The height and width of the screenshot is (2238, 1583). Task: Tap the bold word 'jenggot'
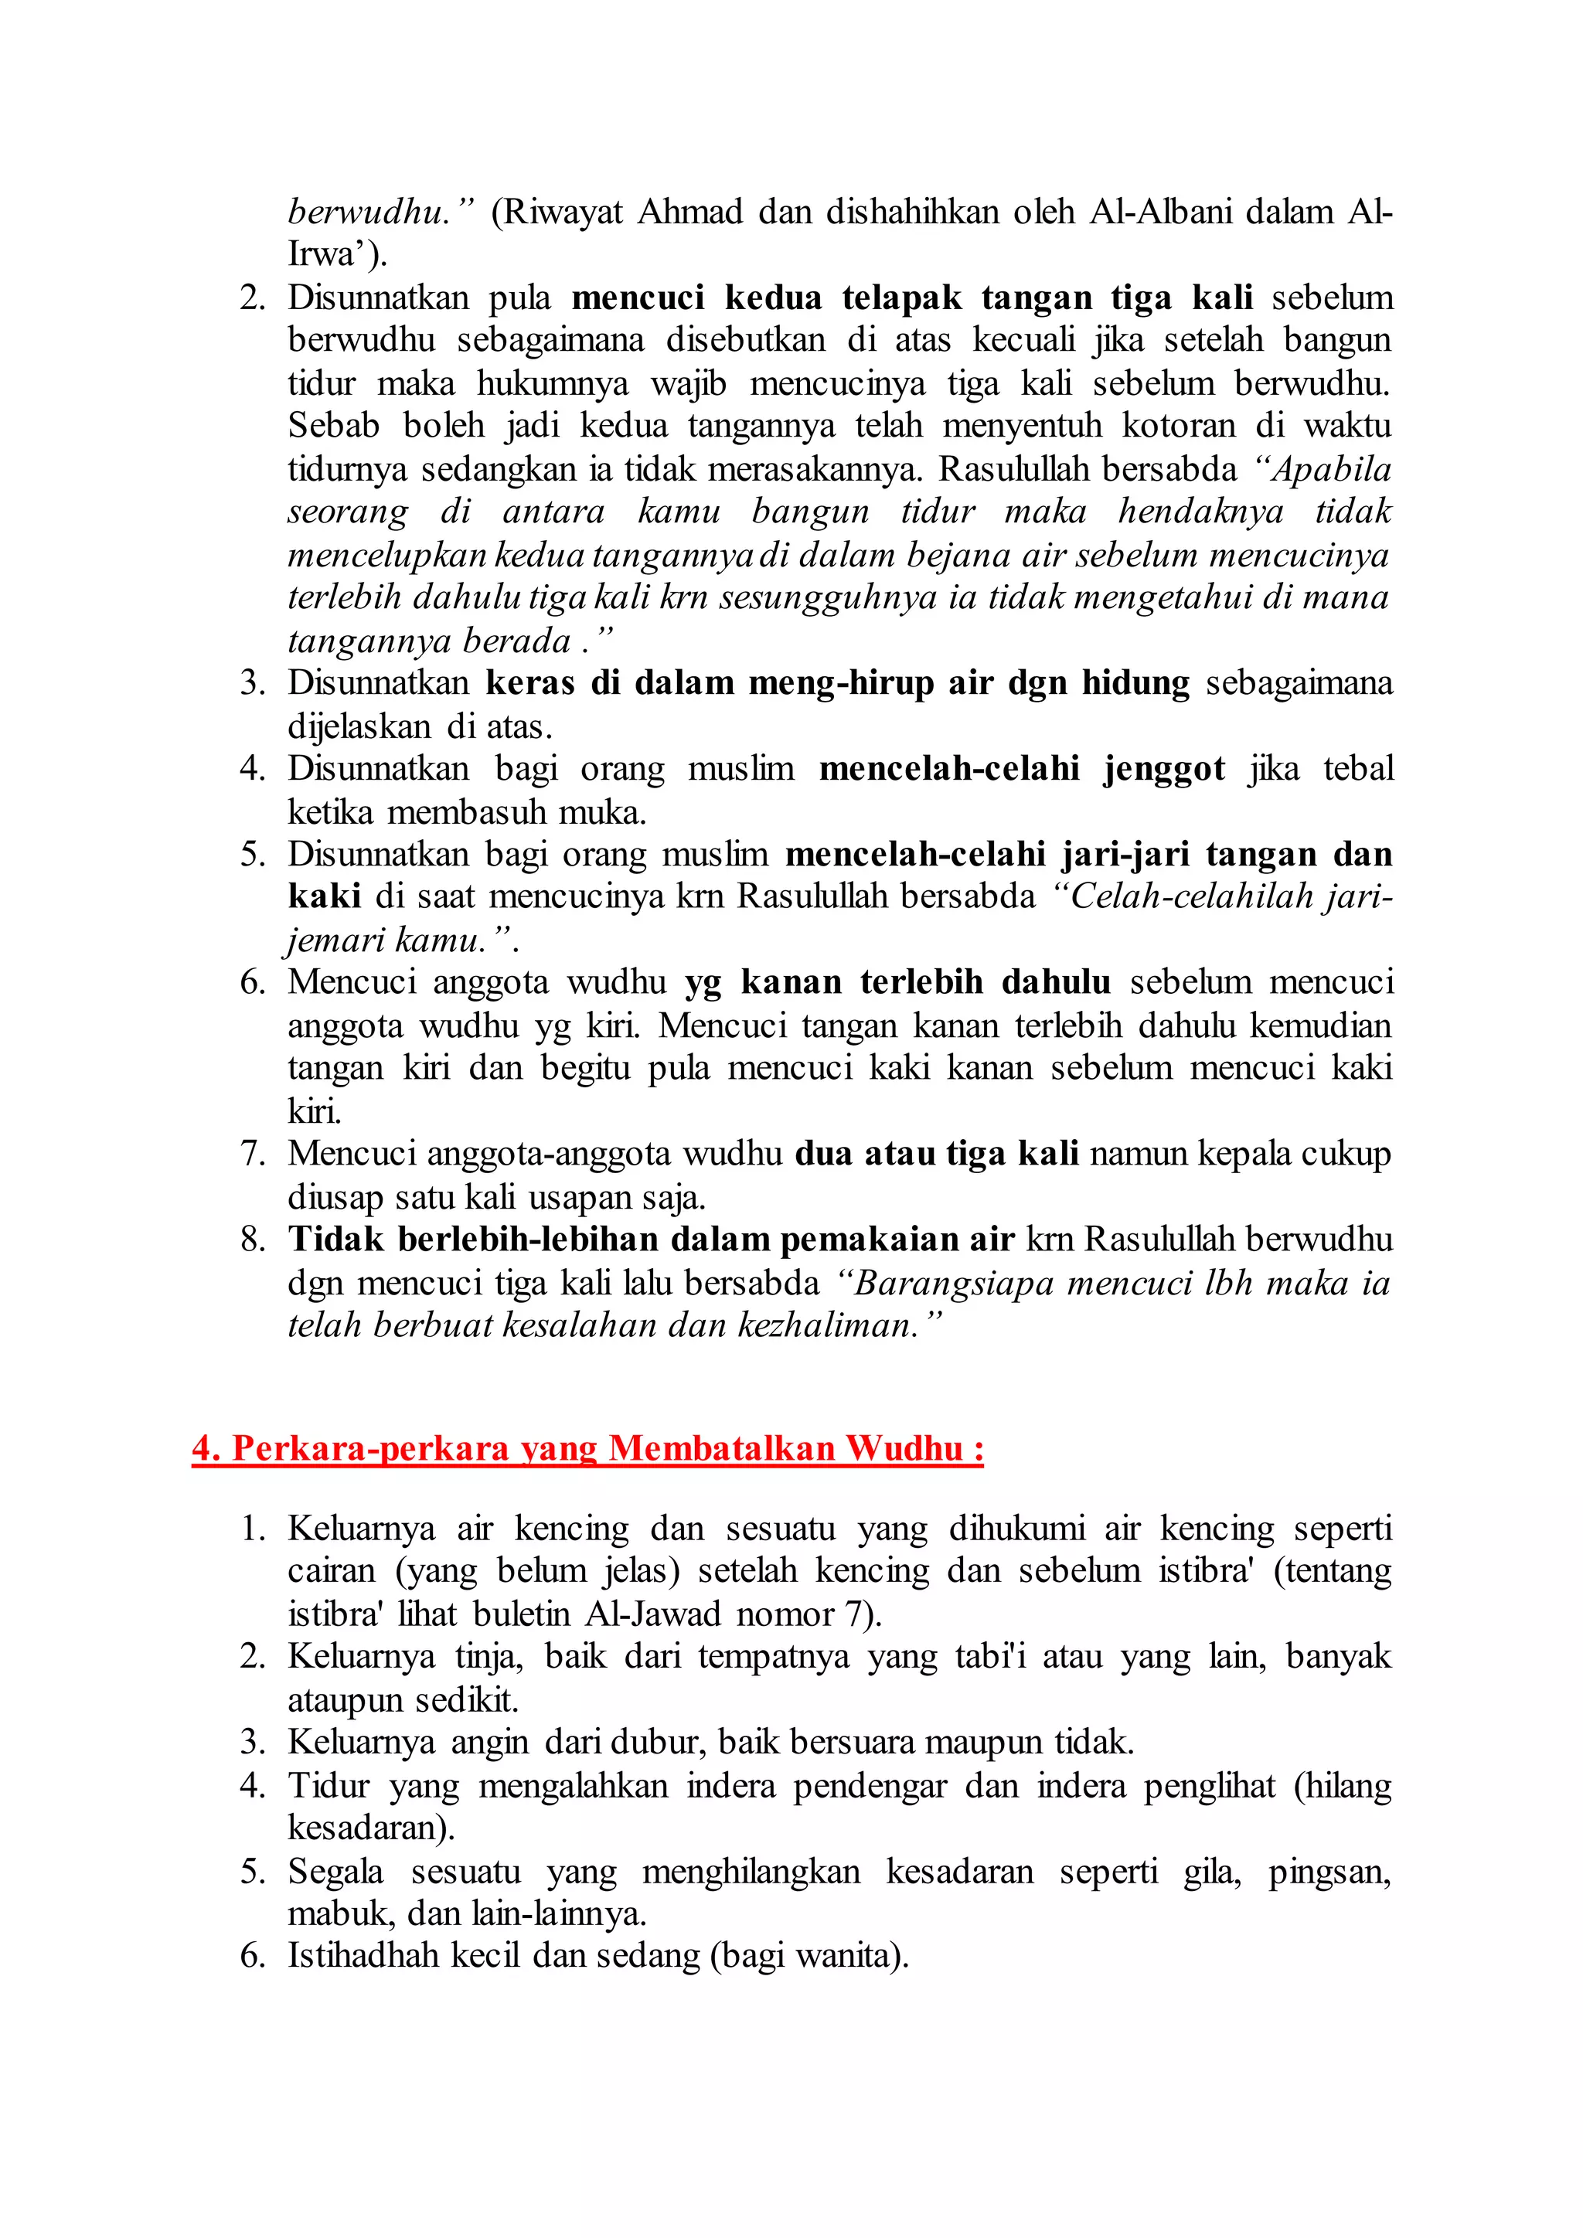(x=1164, y=769)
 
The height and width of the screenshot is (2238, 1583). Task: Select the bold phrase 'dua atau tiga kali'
(x=937, y=1154)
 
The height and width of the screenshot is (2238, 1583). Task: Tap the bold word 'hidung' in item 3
(x=1135, y=683)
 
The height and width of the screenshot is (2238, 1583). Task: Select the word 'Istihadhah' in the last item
(x=363, y=1956)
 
